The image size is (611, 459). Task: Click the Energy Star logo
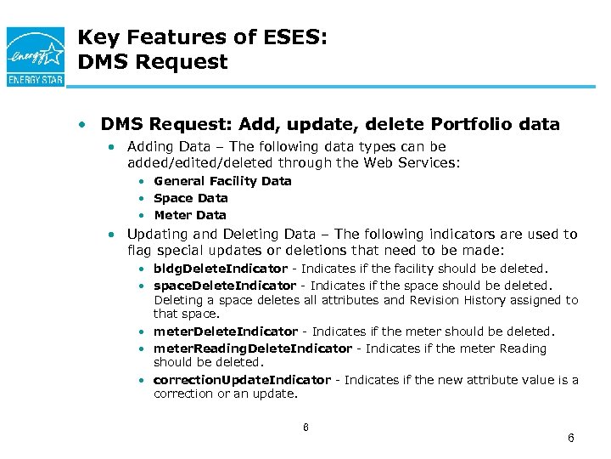click(34, 55)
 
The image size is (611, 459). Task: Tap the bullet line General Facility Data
click(222, 181)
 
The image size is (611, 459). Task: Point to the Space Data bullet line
click(191, 198)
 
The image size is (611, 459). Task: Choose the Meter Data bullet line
click(190, 215)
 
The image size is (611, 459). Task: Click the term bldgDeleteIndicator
click(221, 269)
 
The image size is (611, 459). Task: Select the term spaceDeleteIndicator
click(225, 286)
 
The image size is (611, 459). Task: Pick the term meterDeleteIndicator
click(226, 331)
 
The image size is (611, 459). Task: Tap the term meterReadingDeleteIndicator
click(252, 348)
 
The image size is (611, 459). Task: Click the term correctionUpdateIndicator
click(243, 380)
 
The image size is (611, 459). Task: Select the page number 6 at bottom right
click(571, 438)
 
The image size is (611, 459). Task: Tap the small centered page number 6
click(305, 427)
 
